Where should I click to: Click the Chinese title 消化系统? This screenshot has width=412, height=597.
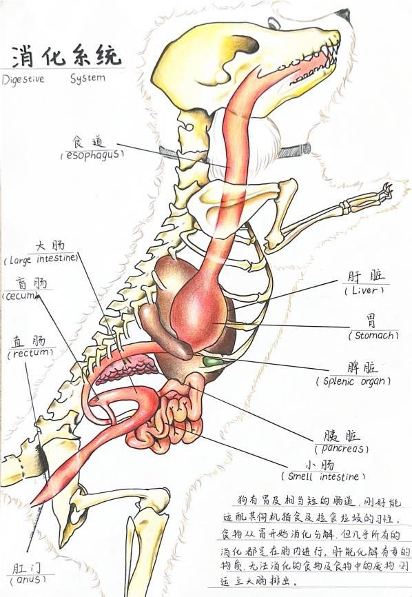pyautogui.click(x=66, y=56)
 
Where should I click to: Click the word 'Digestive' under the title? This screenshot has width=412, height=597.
pyautogui.click(x=23, y=79)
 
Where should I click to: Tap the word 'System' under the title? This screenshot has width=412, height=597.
pyautogui.click(x=87, y=79)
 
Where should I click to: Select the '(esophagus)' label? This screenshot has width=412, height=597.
pyautogui.click(x=92, y=155)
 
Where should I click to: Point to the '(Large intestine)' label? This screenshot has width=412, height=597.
pyautogui.click(x=41, y=260)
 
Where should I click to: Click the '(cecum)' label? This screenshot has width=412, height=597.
pyautogui.click(x=21, y=296)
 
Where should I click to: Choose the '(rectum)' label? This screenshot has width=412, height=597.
pyautogui.click(x=30, y=354)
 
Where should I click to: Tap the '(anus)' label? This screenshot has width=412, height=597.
pyautogui.click(x=28, y=580)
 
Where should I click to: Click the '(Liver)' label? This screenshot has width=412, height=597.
pyautogui.click(x=364, y=290)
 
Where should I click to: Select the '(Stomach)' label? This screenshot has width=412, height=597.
pyautogui.click(x=373, y=336)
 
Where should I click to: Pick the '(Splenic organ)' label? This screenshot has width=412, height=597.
pyautogui.click(x=353, y=381)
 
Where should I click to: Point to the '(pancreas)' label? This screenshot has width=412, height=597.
pyautogui.click(x=342, y=449)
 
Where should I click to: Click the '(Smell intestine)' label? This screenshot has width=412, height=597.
pyautogui.click(x=323, y=476)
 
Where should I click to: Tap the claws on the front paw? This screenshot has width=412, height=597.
pyautogui.click(x=387, y=189)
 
